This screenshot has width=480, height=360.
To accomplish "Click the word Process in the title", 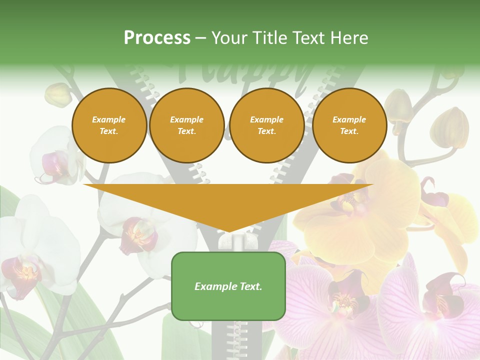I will point(157,38).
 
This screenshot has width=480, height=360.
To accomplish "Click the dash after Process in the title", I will point(201,38).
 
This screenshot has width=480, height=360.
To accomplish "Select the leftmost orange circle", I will point(109,125).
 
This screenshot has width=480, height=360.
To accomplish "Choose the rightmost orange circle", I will point(349,125).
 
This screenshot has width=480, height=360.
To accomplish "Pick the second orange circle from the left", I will point(186,125).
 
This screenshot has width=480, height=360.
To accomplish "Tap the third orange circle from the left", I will point(266,125).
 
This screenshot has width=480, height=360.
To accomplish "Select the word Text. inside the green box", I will point(250,286).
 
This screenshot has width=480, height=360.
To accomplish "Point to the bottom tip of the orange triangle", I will point(229,231).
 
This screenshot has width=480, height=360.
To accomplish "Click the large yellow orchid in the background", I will point(365,210).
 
